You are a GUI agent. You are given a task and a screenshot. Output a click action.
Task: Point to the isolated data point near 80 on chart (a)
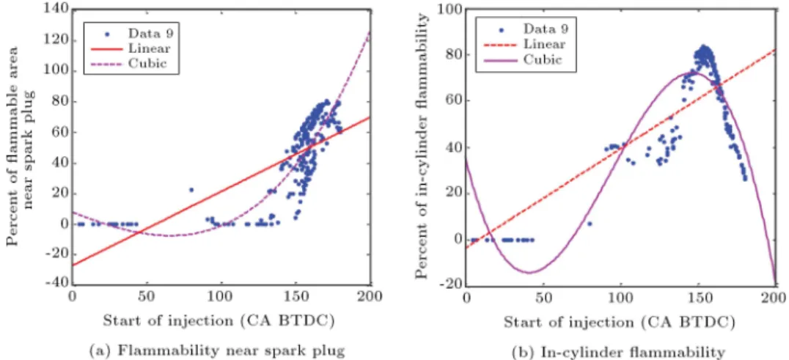click(x=191, y=190)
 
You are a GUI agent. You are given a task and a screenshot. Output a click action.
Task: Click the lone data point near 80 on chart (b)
click(x=590, y=224)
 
